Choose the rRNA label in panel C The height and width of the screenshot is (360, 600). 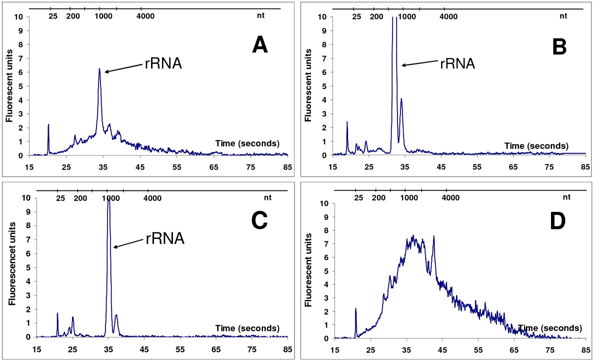[x=165, y=238]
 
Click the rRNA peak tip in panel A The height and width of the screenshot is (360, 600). [x=99, y=69]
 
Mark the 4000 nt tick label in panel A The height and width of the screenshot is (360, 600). [x=145, y=16]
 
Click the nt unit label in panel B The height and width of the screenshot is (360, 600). [x=563, y=16]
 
